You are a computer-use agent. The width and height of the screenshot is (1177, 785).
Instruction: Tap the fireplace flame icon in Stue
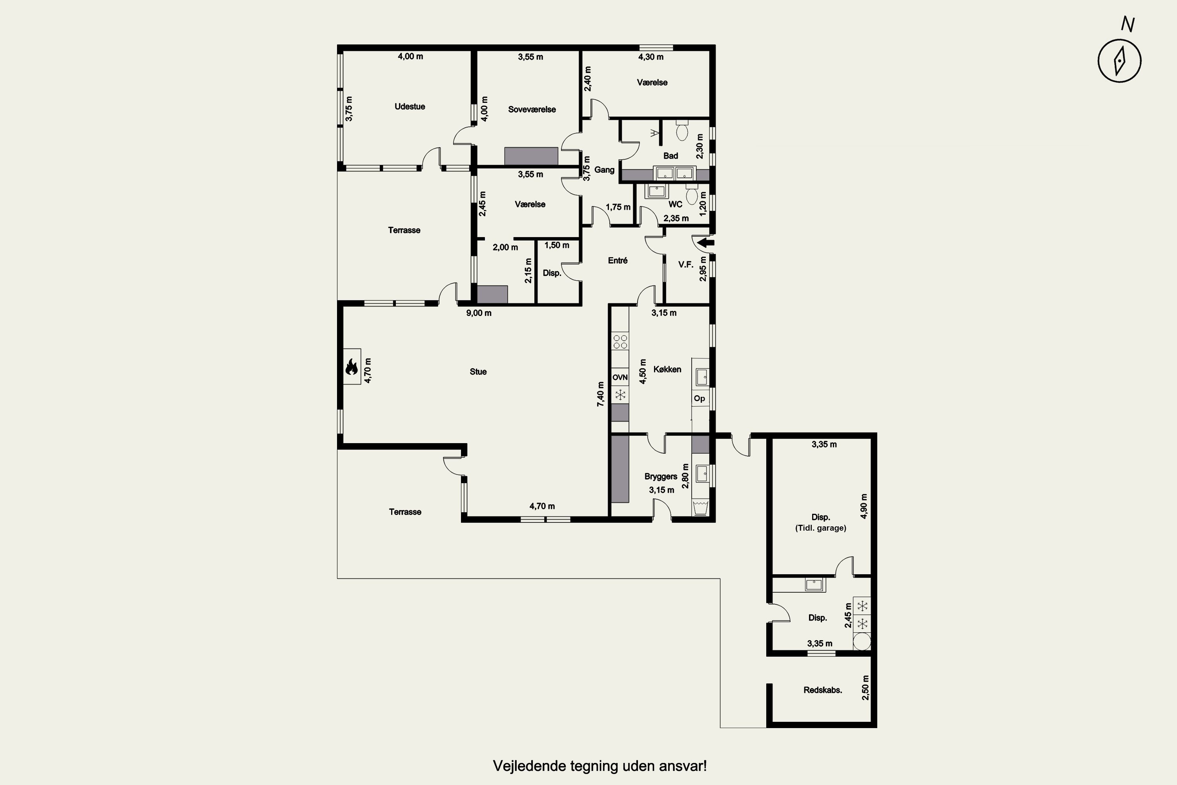pos(351,367)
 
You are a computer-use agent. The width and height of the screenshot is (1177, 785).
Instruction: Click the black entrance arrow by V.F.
pos(706,243)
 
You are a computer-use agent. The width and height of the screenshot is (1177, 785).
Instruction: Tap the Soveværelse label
pos(532,110)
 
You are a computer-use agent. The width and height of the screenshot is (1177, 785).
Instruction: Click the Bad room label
pos(670,156)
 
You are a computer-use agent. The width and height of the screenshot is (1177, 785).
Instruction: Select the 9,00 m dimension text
pos(479,313)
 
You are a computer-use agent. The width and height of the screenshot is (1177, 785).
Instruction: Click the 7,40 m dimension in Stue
pos(601,394)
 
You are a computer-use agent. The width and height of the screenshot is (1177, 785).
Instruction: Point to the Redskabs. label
pos(823,690)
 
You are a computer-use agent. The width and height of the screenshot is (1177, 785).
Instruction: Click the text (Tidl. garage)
pos(821,528)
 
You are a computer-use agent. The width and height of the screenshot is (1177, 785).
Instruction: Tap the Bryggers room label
pos(661,476)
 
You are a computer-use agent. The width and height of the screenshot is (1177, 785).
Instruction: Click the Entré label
pos(618,260)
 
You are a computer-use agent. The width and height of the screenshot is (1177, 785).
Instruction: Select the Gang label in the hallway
pos(605,170)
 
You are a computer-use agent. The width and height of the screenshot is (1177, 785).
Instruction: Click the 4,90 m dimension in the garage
pos(864,506)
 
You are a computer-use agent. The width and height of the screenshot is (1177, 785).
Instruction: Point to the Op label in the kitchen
pos(700,398)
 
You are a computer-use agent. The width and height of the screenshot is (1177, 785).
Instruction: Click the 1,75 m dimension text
pos(618,207)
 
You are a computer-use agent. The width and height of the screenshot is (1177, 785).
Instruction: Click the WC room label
pos(675,204)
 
